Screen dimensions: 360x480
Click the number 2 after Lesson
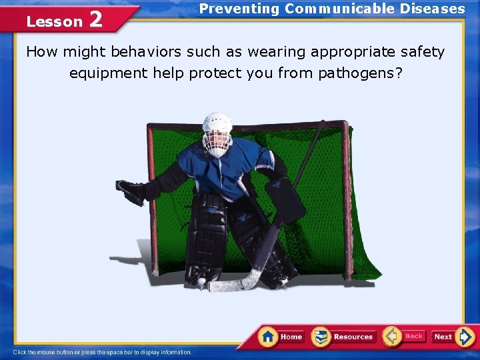click(95, 20)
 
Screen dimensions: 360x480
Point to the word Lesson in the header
click(54, 21)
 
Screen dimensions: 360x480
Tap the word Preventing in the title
click(239, 9)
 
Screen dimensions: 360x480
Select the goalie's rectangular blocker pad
click(285, 200)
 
